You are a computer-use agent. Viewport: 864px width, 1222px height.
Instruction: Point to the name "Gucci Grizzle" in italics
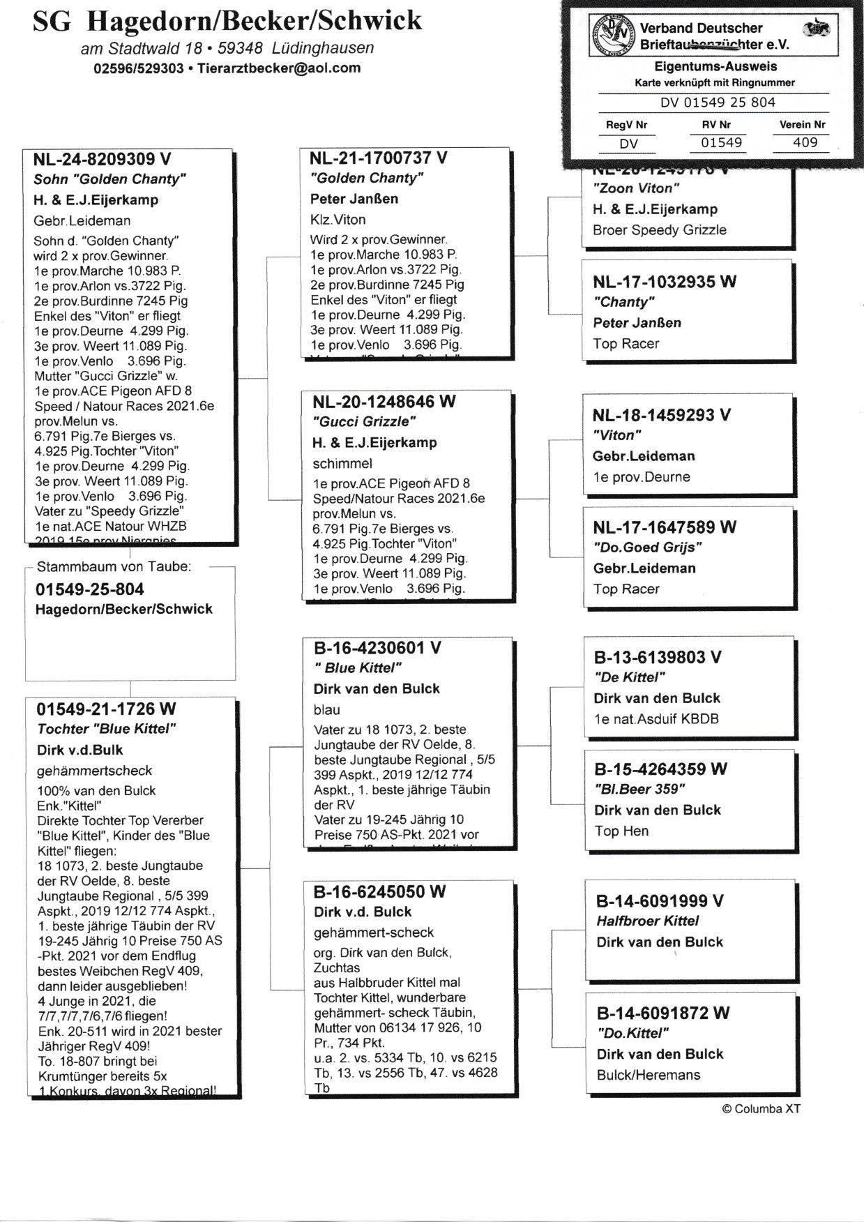point(364,421)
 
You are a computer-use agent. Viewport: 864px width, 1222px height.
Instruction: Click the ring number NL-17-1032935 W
point(665,282)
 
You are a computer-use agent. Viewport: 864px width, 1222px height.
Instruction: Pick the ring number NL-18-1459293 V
point(662,415)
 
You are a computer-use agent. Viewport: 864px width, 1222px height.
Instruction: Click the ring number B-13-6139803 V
point(658,657)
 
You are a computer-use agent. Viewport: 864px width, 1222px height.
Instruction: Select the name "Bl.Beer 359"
point(640,790)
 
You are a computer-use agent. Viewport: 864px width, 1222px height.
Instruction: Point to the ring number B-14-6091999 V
point(660,901)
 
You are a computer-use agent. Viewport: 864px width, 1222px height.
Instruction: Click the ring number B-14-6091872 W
point(663,1013)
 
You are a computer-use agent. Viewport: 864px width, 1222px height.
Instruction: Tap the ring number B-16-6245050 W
point(379,891)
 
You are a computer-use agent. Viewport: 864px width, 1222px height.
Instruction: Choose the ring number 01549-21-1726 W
point(106,709)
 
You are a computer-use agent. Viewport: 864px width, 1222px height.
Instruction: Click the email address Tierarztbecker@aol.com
point(279,68)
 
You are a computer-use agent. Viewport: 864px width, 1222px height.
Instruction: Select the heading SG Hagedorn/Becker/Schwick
point(227,22)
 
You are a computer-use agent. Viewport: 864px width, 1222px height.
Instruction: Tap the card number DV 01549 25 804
point(718,102)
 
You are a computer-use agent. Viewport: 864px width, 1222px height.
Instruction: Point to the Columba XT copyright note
point(761,1109)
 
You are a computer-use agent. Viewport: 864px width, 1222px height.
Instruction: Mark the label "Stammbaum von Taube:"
point(113,567)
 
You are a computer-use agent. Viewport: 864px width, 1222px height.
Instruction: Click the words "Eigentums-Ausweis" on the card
point(715,67)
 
